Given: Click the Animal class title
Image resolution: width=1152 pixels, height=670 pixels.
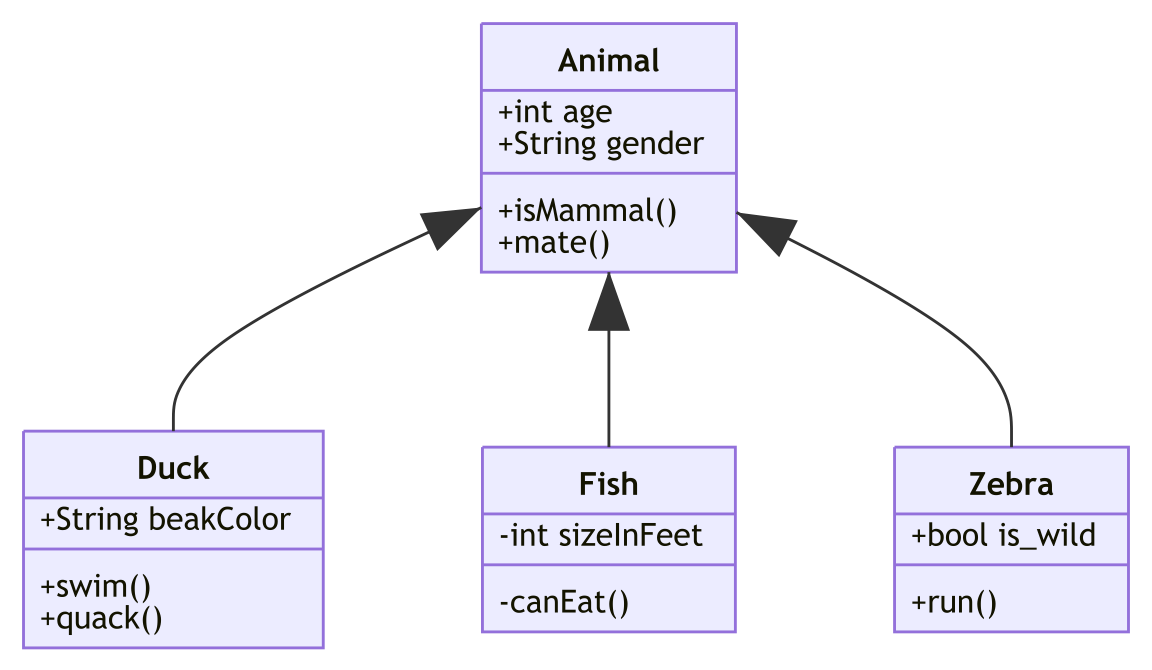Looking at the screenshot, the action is (x=608, y=60).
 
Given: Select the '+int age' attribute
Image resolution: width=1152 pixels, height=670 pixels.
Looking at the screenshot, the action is (x=555, y=112).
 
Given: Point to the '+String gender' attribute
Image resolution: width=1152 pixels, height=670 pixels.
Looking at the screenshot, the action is (x=600, y=144).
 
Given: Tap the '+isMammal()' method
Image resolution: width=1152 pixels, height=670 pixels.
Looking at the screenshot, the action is (x=587, y=212).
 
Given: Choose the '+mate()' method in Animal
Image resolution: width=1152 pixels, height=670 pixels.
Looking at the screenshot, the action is (x=554, y=243).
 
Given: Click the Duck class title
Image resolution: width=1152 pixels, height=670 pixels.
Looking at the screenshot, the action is (x=173, y=468).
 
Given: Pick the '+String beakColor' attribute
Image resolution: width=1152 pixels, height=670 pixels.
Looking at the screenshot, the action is (x=165, y=520).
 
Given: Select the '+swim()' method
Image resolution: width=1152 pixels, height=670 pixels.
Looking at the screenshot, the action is (x=96, y=587).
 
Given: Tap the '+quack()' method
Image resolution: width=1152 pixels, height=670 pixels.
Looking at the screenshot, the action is (x=101, y=619).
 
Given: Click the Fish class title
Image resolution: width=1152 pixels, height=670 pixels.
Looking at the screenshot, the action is (x=608, y=484).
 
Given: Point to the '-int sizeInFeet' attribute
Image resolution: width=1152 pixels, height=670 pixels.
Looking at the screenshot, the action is (x=600, y=536).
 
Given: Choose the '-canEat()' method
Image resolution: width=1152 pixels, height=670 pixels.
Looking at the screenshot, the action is (x=564, y=602).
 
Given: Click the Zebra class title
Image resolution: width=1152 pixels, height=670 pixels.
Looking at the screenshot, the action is (x=1011, y=484).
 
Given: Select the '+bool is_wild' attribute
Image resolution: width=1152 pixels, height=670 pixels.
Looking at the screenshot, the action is (x=1003, y=536).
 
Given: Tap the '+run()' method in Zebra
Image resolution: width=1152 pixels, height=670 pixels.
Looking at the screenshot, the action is (x=954, y=602).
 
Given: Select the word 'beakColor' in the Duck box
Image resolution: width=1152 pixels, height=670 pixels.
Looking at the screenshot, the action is (x=219, y=520).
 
